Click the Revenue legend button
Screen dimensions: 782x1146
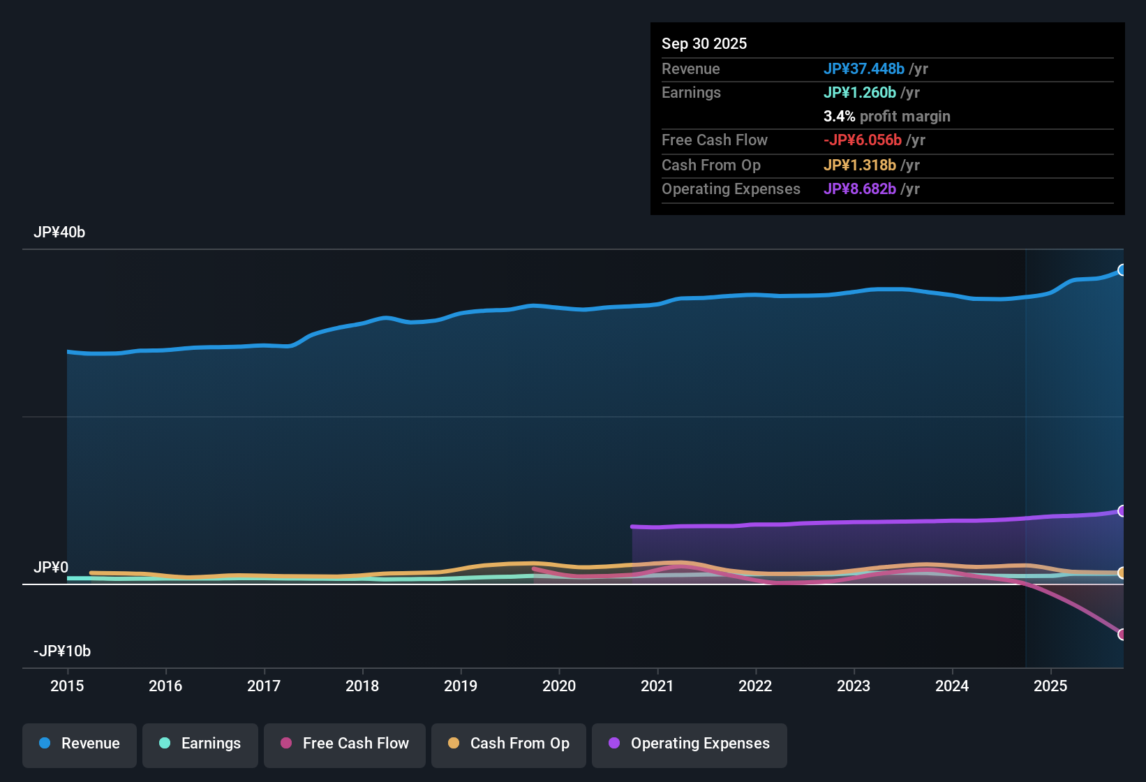click(x=80, y=744)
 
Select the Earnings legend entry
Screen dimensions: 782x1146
click(x=200, y=744)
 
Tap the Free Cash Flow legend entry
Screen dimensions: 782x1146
click(x=345, y=744)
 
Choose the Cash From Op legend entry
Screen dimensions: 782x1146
click(x=509, y=744)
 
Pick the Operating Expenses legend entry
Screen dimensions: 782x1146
click(x=690, y=744)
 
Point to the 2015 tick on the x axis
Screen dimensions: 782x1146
click(x=67, y=686)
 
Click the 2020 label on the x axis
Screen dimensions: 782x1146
click(x=559, y=686)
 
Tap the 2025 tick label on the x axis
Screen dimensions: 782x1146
click(x=1050, y=686)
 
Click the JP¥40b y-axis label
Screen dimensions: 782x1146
click(x=59, y=233)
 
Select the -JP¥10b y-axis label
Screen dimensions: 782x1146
click(x=62, y=651)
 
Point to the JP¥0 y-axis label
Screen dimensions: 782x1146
click(x=51, y=568)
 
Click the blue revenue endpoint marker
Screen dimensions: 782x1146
click(x=1122, y=270)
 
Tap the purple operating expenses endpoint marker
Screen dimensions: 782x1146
click(x=1122, y=511)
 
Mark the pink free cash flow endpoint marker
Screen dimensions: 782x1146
click(x=1122, y=634)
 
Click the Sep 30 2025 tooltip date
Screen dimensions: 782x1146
click(x=704, y=43)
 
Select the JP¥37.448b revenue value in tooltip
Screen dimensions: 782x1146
click(x=863, y=68)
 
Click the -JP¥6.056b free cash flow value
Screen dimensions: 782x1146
click(x=862, y=140)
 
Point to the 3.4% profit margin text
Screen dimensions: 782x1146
click(x=886, y=116)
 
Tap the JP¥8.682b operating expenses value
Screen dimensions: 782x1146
click(x=859, y=189)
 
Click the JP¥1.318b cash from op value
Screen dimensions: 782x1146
click(x=859, y=165)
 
